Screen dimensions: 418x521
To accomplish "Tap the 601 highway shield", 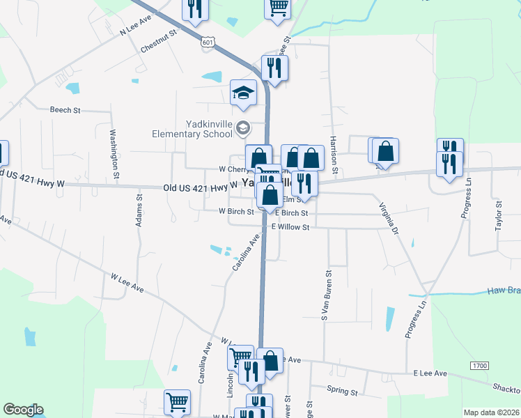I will [x=208, y=42].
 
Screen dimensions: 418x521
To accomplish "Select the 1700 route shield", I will [x=479, y=365].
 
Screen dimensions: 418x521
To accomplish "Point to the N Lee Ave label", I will [x=136, y=27].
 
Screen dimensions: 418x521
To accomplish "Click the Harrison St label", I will [x=334, y=154].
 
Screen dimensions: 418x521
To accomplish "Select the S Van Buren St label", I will [x=324, y=295].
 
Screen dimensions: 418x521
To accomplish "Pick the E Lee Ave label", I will [x=430, y=373].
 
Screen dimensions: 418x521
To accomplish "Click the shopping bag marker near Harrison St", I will [x=384, y=150].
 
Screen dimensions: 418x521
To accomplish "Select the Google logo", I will [x=23, y=410].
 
